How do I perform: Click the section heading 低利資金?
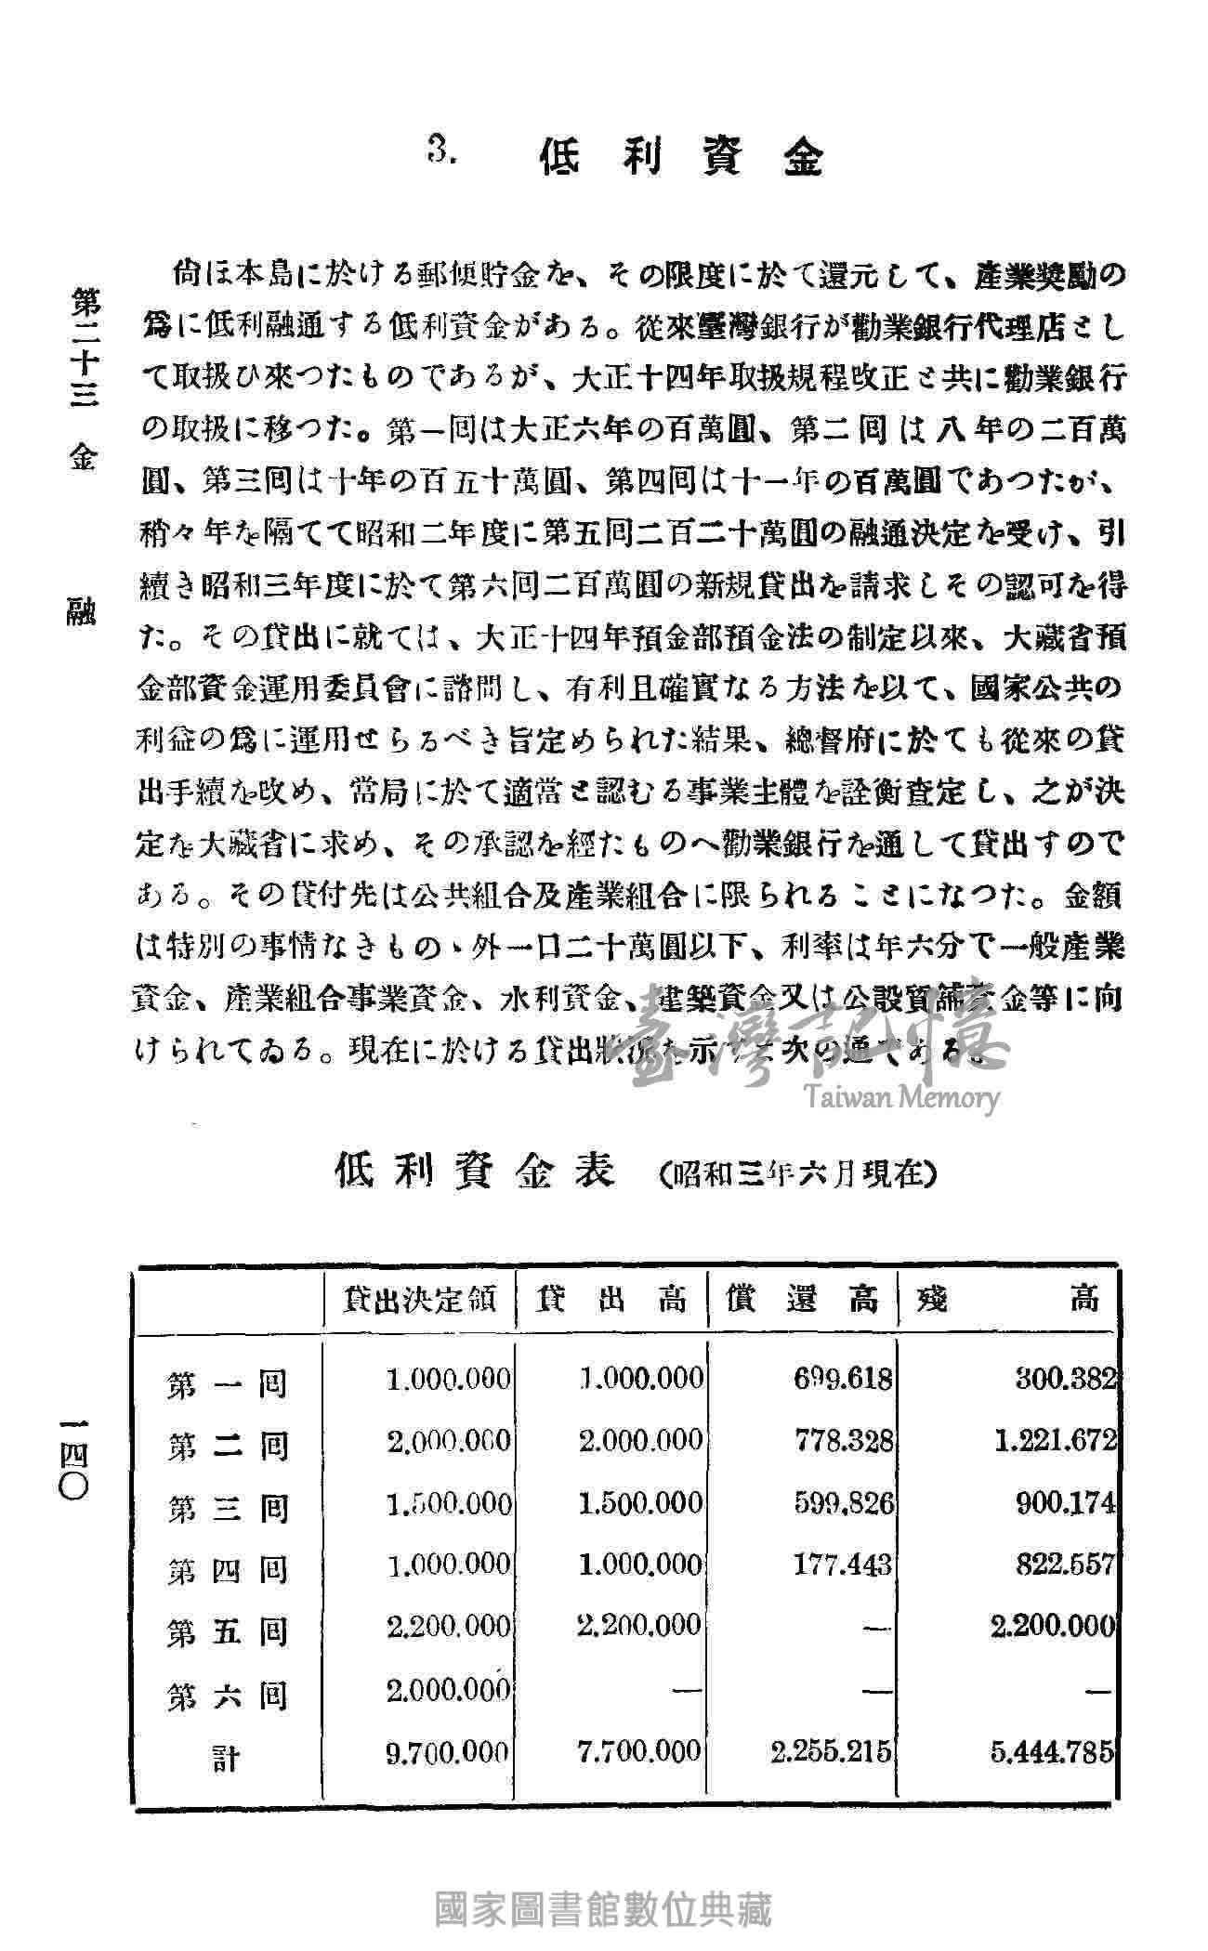coord(680,159)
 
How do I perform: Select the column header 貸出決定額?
coord(420,1300)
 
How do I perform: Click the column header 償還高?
coord(802,1300)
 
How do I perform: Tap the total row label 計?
coord(226,1759)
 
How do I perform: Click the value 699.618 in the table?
coord(844,1380)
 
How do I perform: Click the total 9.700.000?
coord(447,1753)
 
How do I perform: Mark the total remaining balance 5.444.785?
coord(1051,1753)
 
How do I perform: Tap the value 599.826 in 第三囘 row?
coord(844,1503)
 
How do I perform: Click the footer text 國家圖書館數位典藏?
coord(604,1910)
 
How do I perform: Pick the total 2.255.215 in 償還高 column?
coord(832,1753)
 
